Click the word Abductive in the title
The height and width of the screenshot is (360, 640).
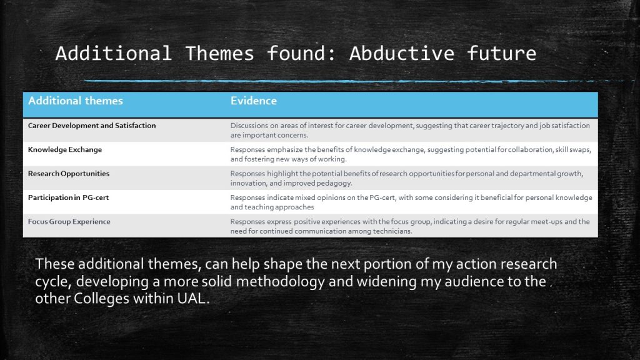pos(402,54)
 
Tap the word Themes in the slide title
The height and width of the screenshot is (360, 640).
pos(219,54)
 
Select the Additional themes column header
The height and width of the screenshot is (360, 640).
pos(76,101)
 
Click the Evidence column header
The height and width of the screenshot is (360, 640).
pos(254,101)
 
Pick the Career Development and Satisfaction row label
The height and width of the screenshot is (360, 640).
pos(92,126)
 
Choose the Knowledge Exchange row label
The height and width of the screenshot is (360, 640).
pos(65,150)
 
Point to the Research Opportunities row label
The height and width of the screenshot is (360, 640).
pos(69,174)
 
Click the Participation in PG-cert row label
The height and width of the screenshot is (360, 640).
pos(68,197)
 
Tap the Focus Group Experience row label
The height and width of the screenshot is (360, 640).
pos(69,222)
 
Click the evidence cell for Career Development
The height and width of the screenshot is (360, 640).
pos(410,130)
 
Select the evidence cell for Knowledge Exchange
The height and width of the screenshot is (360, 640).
pos(411,154)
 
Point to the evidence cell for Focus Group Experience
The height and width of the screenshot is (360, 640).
pos(410,226)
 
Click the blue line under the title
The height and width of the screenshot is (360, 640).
pos(353,81)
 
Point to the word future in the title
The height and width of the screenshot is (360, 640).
pos(501,54)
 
